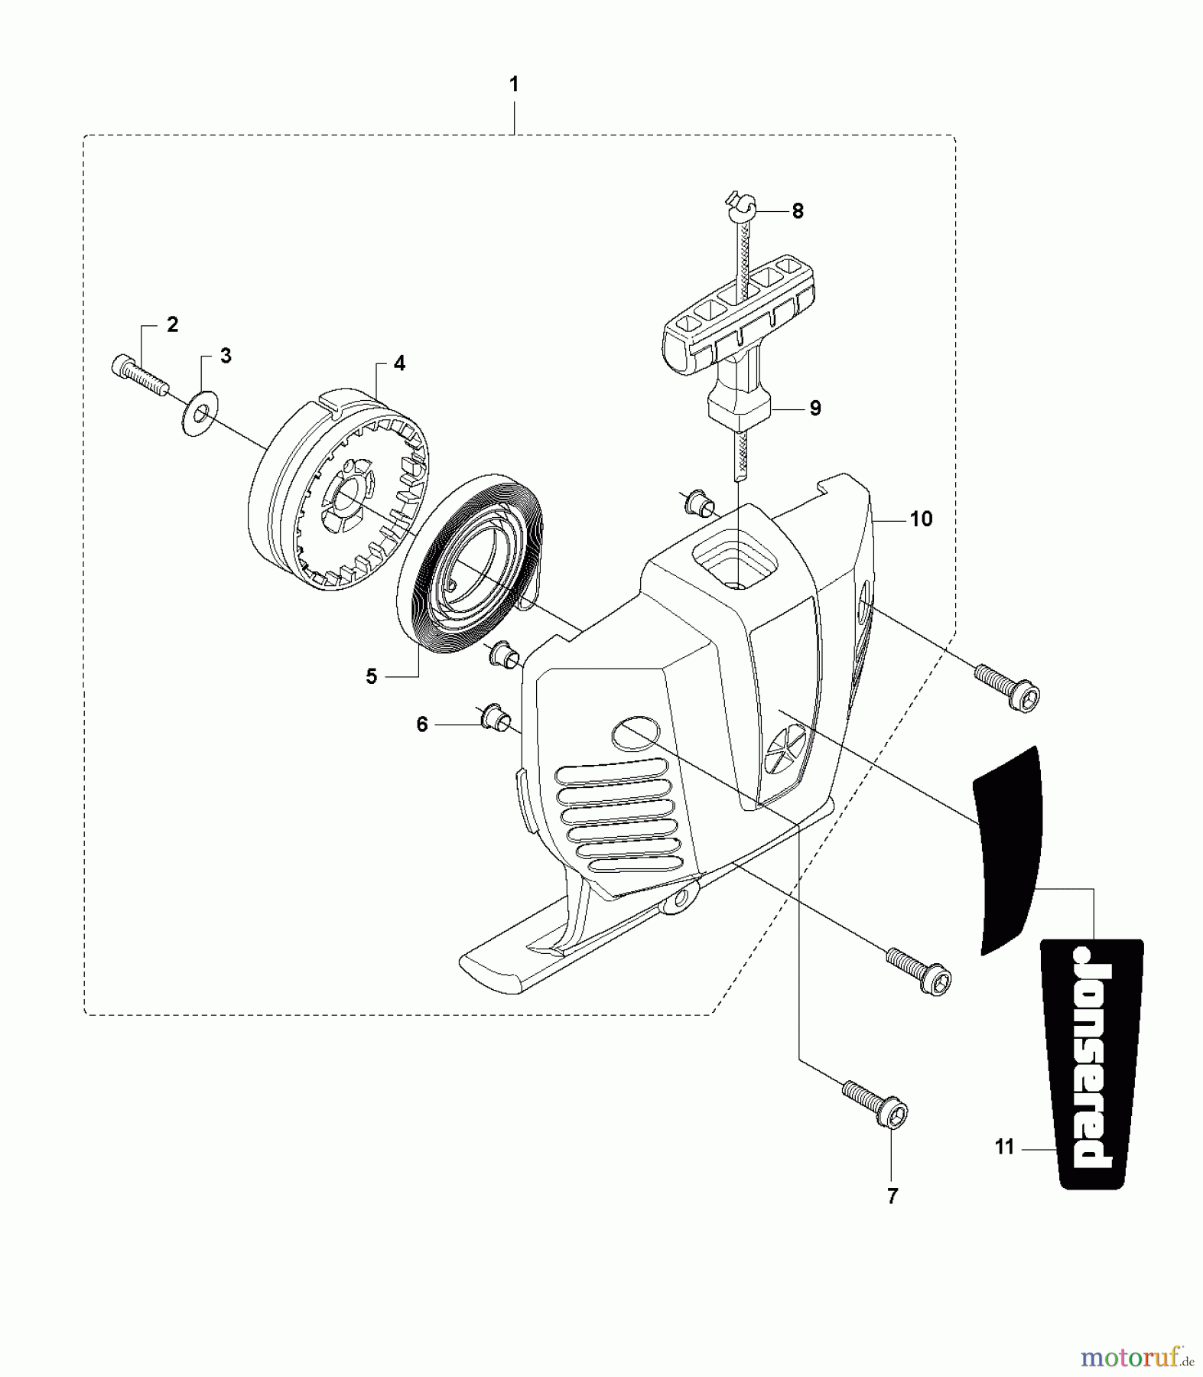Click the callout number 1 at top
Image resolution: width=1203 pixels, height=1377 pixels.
(514, 84)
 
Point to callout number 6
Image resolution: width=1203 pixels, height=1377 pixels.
(422, 724)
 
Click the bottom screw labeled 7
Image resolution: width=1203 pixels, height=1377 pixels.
(875, 1102)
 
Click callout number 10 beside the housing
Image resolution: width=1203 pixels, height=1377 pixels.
(922, 519)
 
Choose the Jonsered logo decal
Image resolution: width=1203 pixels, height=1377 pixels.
(1092, 1063)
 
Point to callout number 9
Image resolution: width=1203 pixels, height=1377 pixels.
(815, 408)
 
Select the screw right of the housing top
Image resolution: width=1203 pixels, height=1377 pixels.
(1007, 687)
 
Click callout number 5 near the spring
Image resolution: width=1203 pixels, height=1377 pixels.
(372, 676)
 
